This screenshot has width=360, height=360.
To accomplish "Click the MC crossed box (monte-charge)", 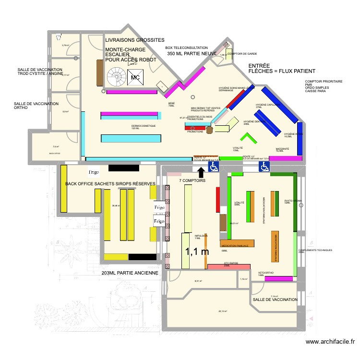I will pyautogui.click(x=135, y=76).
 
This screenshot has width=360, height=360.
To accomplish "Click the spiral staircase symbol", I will pyautogui.click(x=116, y=76).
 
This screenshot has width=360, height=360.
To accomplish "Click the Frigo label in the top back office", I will pyautogui.click(x=94, y=171).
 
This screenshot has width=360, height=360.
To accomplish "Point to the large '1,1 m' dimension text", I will pyautogui.click(x=197, y=251).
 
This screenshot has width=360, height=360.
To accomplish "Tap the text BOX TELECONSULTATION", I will pyautogui.click(x=186, y=48).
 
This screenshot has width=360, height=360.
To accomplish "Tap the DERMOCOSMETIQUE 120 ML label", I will pyautogui.click(x=144, y=127).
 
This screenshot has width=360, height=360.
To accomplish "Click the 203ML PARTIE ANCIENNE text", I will pyautogui.click(x=130, y=273).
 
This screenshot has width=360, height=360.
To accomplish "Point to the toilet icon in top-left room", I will pyautogui.click(x=58, y=36).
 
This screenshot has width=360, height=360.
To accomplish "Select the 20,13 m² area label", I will pyautogui.click(x=223, y=311).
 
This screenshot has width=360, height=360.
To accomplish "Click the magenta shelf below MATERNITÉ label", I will pyautogui.click(x=285, y=158).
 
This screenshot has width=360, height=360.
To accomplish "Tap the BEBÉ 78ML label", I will pyautogui.click(x=171, y=104).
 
